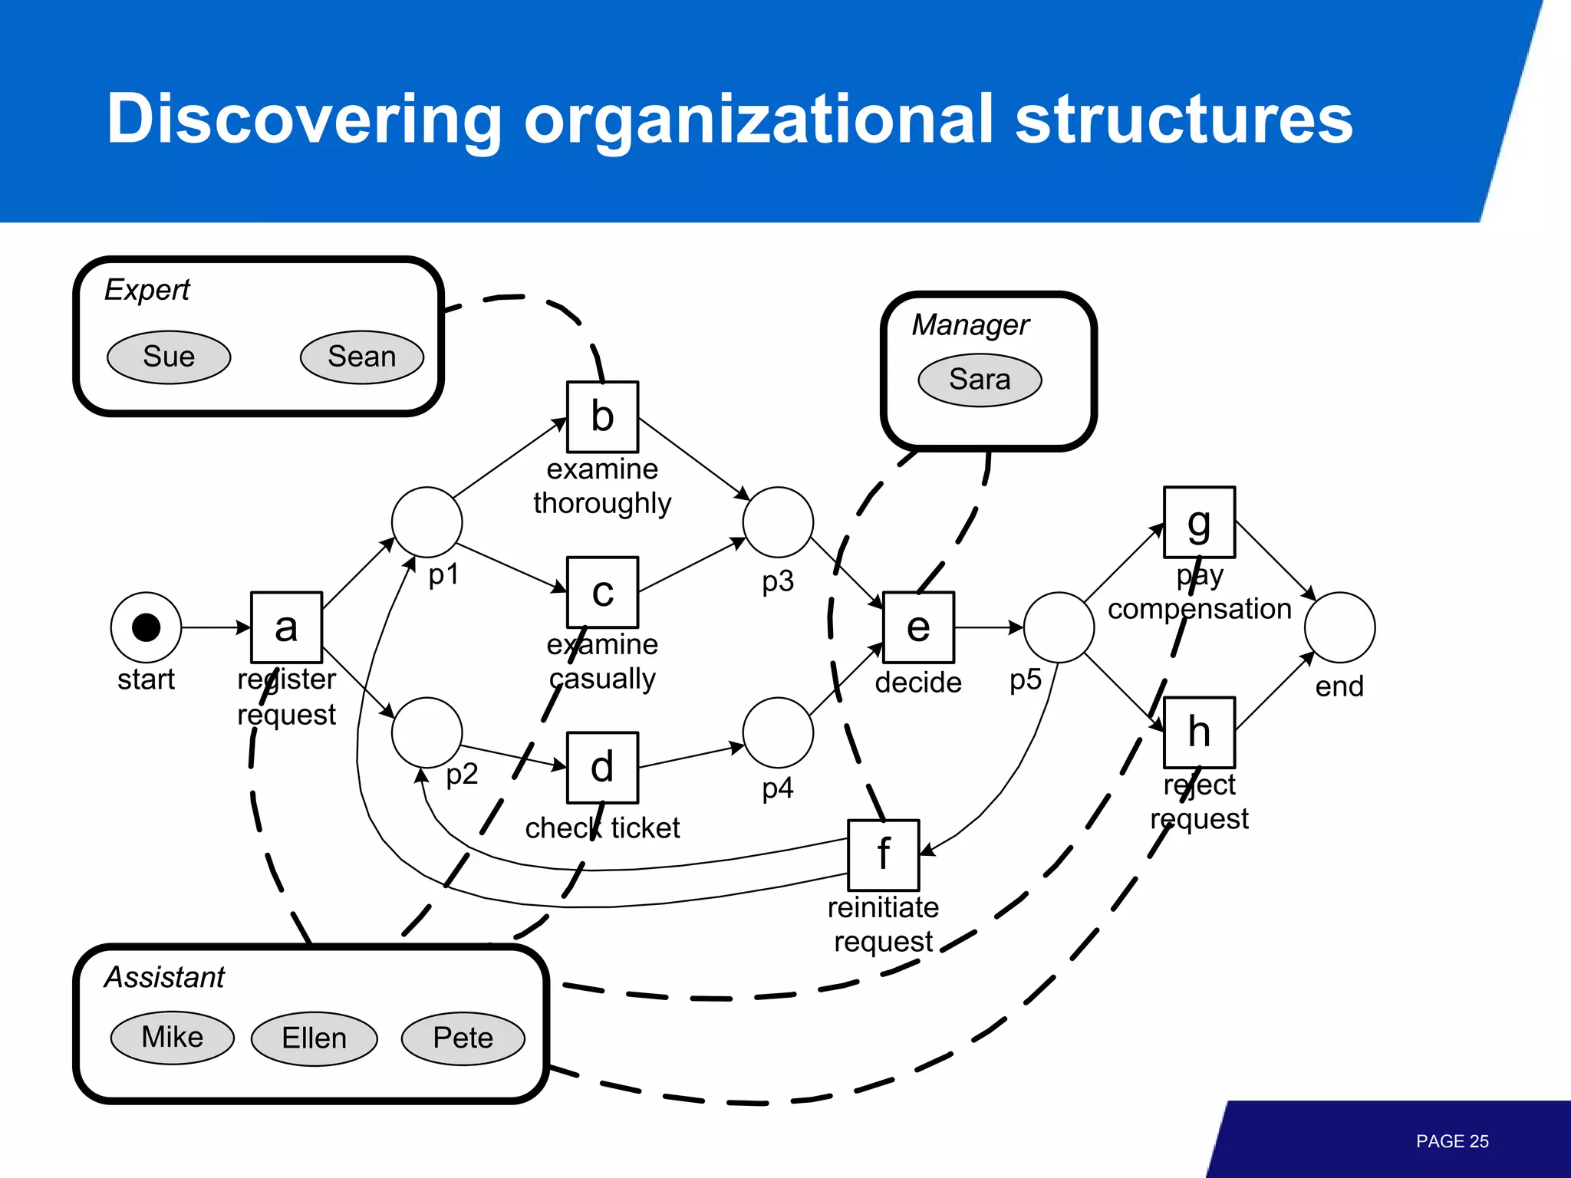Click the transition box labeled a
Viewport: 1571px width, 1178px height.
(x=286, y=627)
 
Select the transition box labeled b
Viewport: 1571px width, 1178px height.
(x=602, y=416)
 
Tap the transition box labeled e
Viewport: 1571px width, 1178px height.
(x=918, y=627)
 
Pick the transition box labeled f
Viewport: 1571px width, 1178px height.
(x=883, y=854)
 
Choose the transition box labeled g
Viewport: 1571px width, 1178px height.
(x=1199, y=522)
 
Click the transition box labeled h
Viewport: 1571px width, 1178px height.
(x=1199, y=732)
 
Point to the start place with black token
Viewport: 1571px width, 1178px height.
(x=146, y=627)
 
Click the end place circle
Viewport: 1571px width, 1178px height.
(x=1339, y=627)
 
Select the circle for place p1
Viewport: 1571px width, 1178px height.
(x=427, y=522)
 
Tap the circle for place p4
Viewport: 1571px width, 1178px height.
(x=778, y=732)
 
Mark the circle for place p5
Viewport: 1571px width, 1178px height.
(x=1059, y=627)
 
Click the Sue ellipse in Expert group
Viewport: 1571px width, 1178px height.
(x=169, y=357)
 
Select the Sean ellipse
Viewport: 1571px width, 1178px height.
(x=361, y=357)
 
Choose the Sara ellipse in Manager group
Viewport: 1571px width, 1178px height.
(x=980, y=380)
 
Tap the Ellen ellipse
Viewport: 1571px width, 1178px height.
(x=314, y=1038)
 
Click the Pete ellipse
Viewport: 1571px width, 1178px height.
(x=463, y=1038)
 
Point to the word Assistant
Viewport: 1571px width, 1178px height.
(x=164, y=977)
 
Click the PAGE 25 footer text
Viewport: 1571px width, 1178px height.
(x=1451, y=1141)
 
